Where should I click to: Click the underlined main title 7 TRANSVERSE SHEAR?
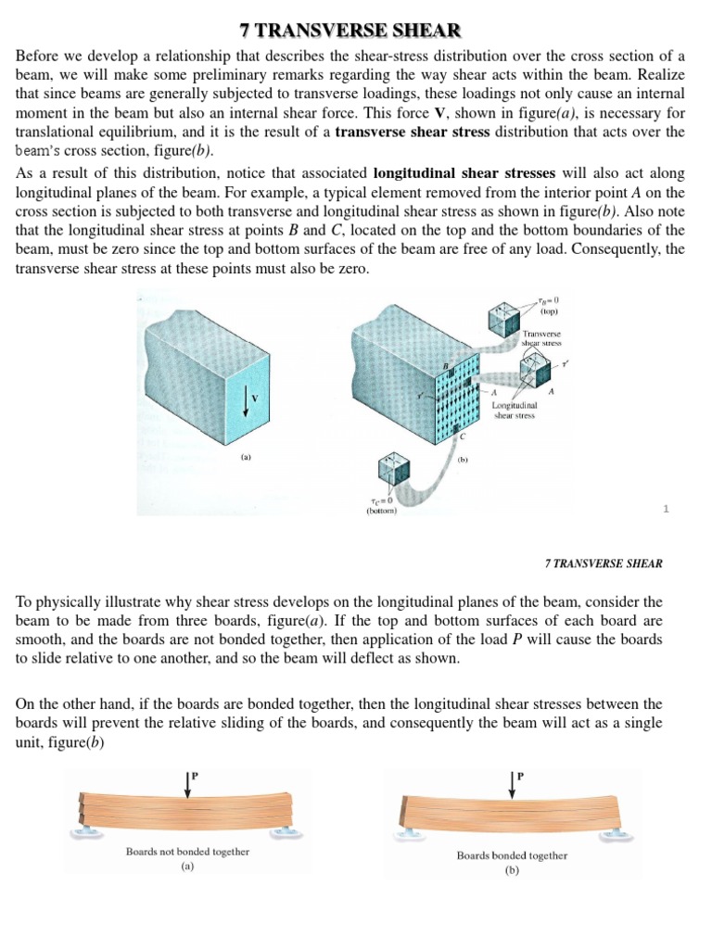356,32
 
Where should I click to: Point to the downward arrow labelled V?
246,399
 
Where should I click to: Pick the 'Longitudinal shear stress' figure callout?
516,410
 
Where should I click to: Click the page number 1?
665,508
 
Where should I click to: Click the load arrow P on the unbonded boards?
189,783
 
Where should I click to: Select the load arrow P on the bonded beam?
512,783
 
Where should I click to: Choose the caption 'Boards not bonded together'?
187,851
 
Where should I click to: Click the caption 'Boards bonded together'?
512,855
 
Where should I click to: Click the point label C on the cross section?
463,437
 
